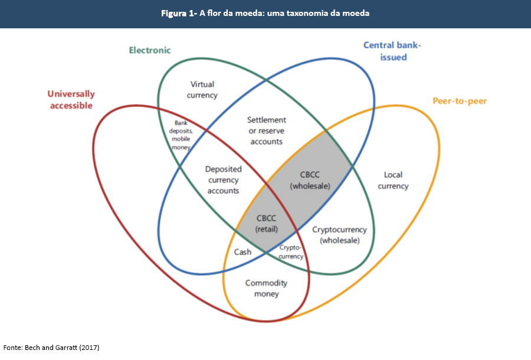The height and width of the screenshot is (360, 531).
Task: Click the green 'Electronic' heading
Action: [x=150, y=50]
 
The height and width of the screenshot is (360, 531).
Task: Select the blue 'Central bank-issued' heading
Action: [x=392, y=51]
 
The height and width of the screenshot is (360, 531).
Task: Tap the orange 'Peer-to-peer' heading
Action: [x=460, y=101]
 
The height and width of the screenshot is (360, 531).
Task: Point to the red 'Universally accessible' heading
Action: [x=71, y=100]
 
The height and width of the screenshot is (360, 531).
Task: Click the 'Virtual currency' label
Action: [x=202, y=90]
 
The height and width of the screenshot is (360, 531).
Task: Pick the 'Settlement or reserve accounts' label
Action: [x=266, y=130]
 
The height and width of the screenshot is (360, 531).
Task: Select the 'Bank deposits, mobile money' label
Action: [x=181, y=135]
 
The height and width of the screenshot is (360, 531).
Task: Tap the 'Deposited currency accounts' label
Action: [x=222, y=180]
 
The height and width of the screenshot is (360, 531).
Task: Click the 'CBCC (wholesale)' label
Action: [x=310, y=180]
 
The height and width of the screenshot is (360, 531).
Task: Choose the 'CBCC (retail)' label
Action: [x=266, y=223]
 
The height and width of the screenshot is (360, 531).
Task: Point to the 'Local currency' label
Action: [x=393, y=181]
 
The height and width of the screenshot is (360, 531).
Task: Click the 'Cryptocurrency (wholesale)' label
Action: [x=339, y=235]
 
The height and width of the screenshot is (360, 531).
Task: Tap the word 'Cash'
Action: [x=242, y=252]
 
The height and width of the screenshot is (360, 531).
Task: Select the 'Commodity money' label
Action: [x=266, y=289]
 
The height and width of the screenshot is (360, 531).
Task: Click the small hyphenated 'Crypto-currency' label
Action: [x=291, y=252]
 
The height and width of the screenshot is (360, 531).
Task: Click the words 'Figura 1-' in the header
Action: [x=179, y=13]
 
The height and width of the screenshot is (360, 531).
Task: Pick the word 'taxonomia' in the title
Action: [x=309, y=13]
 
